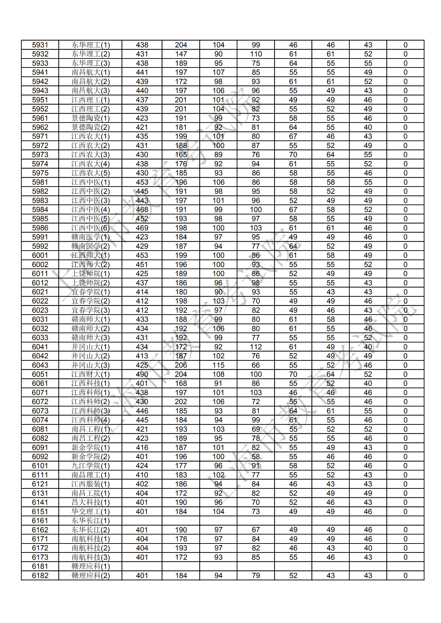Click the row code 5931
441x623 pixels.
tap(40, 45)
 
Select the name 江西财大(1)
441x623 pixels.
tap(90, 374)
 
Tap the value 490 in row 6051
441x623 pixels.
tap(142, 374)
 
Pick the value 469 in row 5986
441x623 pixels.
tap(142, 228)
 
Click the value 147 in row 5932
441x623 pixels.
tap(181, 54)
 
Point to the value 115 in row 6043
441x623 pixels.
tap(218, 365)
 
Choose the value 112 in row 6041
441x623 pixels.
tap(256, 347)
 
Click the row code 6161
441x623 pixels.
tap(40, 521)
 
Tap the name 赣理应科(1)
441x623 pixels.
tap(90, 567)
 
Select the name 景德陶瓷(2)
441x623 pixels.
tap(90, 127)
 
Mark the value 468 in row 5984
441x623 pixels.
tap(142, 210)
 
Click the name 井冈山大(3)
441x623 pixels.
tap(90, 365)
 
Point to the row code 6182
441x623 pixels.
tap(40, 576)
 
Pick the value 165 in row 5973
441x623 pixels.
tap(181, 155)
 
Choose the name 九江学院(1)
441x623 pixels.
tap(90, 466)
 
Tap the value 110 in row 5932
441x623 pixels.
tap(256, 54)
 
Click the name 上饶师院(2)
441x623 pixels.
tap(90, 283)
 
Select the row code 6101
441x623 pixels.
tap(40, 466)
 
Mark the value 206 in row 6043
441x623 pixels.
tap(181, 365)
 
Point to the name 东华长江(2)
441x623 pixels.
tap(90, 530)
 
